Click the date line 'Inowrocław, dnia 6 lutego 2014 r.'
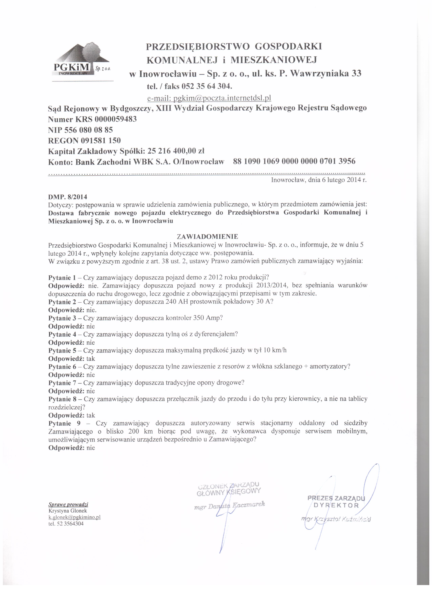[319, 180]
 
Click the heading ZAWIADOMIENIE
[208, 237]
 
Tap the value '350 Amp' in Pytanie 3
[208, 318]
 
